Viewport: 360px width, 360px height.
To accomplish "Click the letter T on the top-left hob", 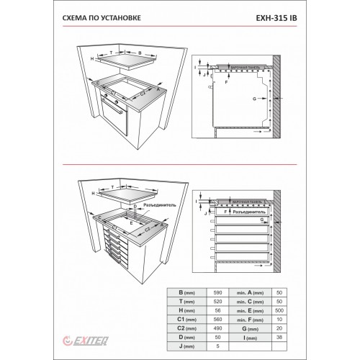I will click(x=112, y=53).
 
